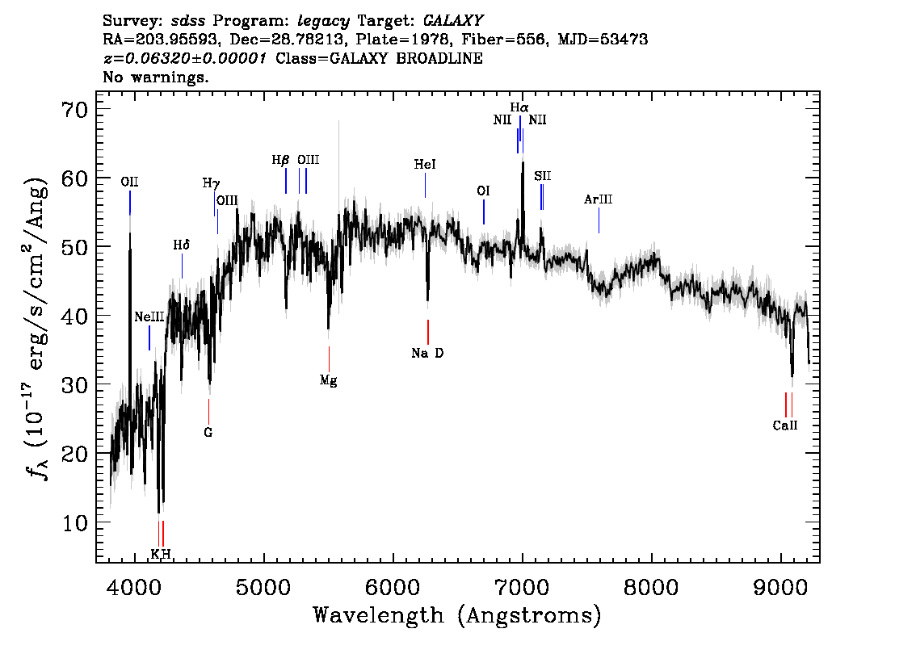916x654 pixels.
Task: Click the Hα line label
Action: click(519, 107)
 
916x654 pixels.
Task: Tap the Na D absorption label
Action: click(427, 354)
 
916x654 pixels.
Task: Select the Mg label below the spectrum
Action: click(328, 381)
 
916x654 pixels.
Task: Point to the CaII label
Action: click(785, 426)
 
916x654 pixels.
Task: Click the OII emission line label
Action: click(130, 182)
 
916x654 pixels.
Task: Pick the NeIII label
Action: click(149, 317)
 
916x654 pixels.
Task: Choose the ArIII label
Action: click(599, 199)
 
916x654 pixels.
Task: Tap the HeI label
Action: click(425, 165)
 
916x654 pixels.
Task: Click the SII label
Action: click(542, 176)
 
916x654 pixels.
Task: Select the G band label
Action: click(208, 433)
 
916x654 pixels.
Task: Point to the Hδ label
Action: click(182, 245)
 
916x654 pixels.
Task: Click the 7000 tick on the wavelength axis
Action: click(522, 587)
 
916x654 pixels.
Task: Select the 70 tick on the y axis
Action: click(75, 109)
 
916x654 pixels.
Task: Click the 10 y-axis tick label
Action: click(75, 522)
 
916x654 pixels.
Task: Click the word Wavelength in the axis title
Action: click(379, 615)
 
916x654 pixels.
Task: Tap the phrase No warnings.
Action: click(155, 77)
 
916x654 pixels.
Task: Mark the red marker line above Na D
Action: click(428, 333)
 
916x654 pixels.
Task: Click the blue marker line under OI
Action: click(484, 212)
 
